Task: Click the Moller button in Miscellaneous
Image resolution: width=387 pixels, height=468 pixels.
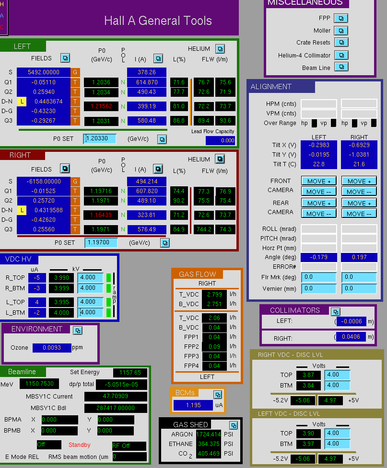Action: tap(341, 31)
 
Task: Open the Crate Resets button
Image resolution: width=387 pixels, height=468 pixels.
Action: tap(341, 42)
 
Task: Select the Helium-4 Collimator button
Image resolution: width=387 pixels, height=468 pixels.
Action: tap(341, 55)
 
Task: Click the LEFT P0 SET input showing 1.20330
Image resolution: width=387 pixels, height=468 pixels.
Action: tap(100, 139)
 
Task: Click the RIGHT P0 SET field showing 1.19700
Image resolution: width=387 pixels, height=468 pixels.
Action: tap(101, 242)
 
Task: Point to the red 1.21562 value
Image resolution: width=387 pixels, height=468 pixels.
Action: tap(101, 106)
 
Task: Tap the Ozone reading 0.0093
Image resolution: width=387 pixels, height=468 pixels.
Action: tap(52, 348)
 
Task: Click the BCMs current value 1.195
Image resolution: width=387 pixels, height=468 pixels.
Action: tap(193, 405)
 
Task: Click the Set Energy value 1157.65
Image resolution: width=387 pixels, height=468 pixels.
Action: tap(130, 373)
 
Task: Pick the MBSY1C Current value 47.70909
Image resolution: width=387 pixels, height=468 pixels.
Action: tap(116, 396)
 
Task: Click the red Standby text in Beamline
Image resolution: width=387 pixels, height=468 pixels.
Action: tap(80, 445)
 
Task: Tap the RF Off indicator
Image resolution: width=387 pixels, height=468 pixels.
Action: tap(129, 446)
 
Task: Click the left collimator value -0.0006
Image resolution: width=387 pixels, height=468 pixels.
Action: tap(351, 321)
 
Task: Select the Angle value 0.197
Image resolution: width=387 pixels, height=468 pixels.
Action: tap(359, 257)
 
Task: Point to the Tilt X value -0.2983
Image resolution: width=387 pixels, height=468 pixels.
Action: tap(319, 145)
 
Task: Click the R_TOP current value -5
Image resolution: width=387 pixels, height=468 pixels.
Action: tap(37, 278)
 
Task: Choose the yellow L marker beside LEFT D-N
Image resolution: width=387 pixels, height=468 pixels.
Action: tap(22, 102)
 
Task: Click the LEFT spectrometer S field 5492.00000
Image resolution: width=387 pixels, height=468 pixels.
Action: tap(44, 72)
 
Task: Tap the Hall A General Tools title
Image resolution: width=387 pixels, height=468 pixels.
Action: tap(158, 21)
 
